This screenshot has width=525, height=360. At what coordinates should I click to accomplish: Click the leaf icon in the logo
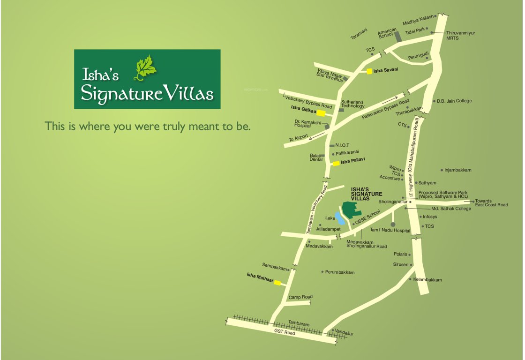pyautogui.click(x=145, y=67)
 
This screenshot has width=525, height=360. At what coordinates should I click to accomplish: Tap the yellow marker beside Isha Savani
pyautogui.click(x=369, y=71)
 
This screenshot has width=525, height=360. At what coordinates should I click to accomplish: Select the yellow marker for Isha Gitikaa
pyautogui.click(x=321, y=112)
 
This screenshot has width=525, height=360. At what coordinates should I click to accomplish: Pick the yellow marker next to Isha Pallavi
pyautogui.click(x=336, y=164)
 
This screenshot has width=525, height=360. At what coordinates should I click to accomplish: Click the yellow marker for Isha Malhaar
pyautogui.click(x=277, y=283)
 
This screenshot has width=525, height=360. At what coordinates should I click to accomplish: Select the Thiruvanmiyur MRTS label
pyautogui.click(x=460, y=35)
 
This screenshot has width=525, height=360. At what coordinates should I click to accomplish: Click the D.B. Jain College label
pyautogui.click(x=454, y=101)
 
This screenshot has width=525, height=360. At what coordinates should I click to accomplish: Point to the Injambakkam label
pyautogui.click(x=457, y=170)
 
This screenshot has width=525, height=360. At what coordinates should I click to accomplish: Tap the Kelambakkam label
pyautogui.click(x=427, y=280)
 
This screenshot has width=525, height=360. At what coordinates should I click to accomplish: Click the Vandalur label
pyautogui.click(x=345, y=333)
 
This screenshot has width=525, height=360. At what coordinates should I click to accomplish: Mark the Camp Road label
pyautogui.click(x=300, y=297)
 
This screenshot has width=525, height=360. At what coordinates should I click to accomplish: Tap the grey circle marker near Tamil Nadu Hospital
pyautogui.click(x=393, y=225)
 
